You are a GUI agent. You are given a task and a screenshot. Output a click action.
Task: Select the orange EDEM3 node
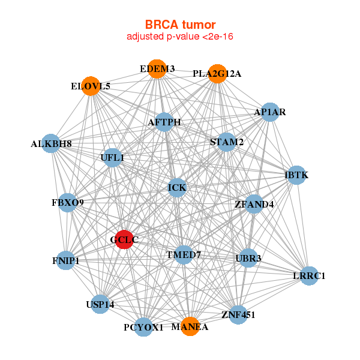coord(157,69)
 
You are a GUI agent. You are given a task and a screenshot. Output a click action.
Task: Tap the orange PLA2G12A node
coord(217,74)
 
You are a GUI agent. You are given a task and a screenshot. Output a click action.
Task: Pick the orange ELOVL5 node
coord(91,86)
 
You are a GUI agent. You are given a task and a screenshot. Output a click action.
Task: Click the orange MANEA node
coord(190,326)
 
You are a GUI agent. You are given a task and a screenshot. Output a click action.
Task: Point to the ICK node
coord(177,188)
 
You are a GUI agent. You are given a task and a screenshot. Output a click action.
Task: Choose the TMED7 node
coord(183,255)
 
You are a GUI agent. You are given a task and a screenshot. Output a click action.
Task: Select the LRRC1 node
coord(308,276)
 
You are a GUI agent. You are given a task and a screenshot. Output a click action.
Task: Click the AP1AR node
coord(270,112)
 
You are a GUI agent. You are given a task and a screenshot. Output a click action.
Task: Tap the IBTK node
coord(296,175)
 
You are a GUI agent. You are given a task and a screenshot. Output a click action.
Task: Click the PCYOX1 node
coord(143,327)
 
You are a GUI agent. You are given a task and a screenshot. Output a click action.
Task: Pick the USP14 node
coord(100,305)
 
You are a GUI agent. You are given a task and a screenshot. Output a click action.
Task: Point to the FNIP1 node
coord(65,261)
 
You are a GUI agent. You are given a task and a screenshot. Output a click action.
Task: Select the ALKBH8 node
coord(52,143)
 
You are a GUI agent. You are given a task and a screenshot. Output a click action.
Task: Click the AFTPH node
coord(164,122)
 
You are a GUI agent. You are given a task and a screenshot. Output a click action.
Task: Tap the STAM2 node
coord(227,142)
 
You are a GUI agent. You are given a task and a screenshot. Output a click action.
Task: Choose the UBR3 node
coord(248,259)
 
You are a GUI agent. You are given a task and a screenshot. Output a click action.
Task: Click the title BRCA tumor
coord(180,25)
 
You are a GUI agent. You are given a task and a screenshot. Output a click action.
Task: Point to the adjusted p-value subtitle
coord(180,37)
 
